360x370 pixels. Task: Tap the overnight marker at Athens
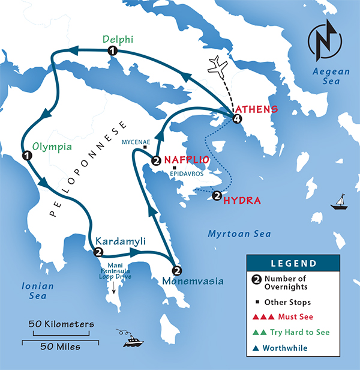tap(238, 119)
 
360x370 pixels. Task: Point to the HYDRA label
tap(241, 200)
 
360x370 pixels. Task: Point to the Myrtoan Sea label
tap(239, 233)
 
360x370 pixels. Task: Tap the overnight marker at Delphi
tap(112, 52)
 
